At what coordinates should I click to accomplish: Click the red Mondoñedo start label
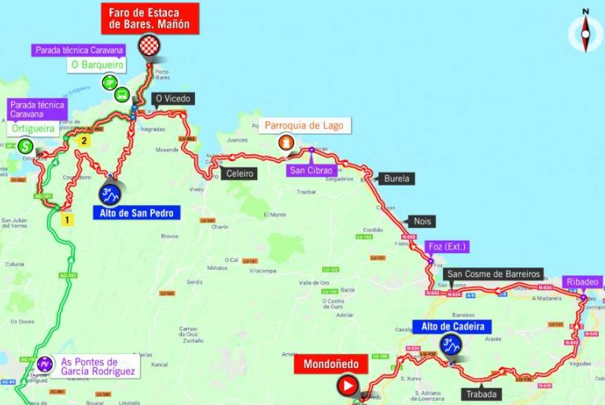click(326, 365)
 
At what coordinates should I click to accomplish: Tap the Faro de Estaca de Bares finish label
click(149, 18)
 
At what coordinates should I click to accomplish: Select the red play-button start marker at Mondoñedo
click(347, 386)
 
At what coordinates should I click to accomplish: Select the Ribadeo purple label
click(582, 282)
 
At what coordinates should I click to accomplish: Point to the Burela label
click(397, 179)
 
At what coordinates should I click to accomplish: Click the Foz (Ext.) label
click(447, 246)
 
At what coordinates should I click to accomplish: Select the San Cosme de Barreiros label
click(493, 274)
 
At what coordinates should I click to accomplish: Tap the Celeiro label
click(239, 173)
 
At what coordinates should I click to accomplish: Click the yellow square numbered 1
click(68, 220)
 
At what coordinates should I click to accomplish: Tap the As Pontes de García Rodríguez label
click(99, 366)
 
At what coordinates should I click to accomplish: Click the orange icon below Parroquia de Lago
click(287, 142)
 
